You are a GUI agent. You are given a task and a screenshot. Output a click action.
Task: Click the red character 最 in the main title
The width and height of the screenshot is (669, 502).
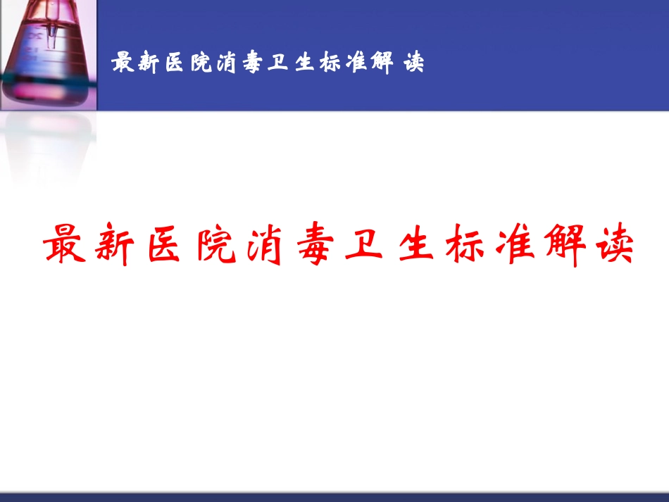[68, 244]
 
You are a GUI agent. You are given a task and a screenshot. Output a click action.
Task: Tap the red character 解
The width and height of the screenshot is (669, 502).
[559, 244]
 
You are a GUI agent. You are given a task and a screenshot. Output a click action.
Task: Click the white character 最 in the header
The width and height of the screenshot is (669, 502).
[123, 63]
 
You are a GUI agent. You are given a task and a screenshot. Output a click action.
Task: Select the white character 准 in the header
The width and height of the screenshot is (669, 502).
[359, 63]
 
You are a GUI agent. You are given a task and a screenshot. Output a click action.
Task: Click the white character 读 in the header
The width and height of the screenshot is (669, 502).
[414, 63]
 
